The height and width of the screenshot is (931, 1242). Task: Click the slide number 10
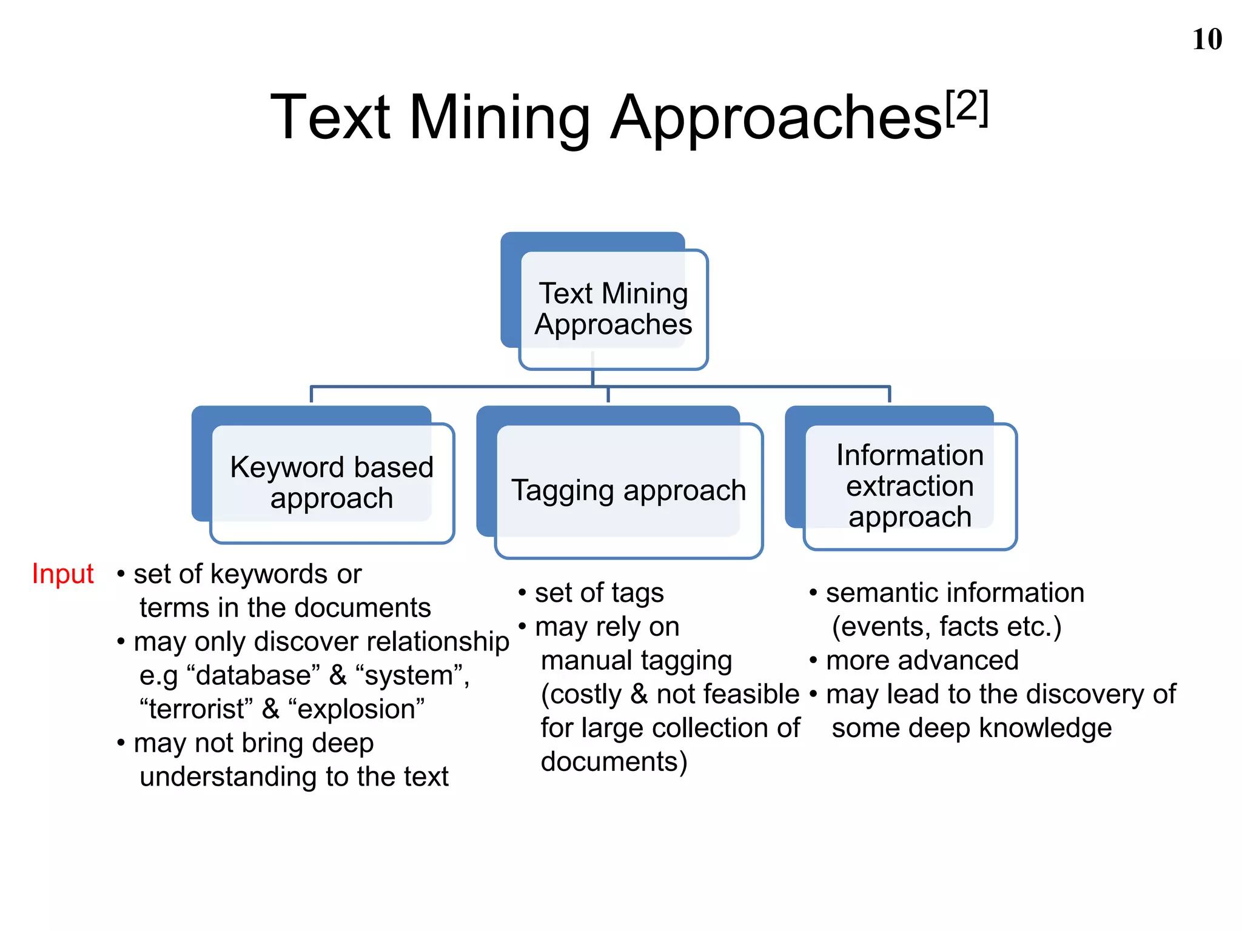[1207, 39]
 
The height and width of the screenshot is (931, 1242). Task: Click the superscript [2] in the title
[967, 107]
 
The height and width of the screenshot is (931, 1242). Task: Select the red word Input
[62, 573]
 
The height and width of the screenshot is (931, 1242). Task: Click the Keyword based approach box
[332, 482]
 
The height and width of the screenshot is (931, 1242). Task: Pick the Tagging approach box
[628, 490]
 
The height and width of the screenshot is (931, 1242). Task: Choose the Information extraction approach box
[910, 486]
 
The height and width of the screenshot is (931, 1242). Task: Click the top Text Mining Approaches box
[613, 309]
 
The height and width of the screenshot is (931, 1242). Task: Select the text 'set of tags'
[599, 593]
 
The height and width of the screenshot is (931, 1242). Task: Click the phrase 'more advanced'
[922, 660]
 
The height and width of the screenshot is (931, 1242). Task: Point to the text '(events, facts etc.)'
[947, 627]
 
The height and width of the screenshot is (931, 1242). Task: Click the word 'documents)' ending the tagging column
[614, 762]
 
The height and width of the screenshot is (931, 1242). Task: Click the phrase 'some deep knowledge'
[972, 728]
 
